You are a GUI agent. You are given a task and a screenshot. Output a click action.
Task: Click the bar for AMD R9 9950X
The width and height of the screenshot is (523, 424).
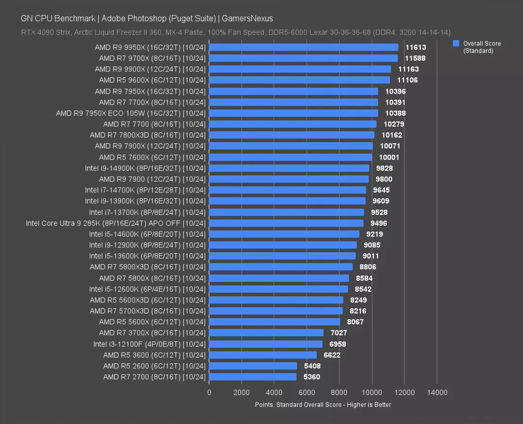303,47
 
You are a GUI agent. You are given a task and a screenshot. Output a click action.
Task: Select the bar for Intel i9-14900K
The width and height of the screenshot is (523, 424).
289,168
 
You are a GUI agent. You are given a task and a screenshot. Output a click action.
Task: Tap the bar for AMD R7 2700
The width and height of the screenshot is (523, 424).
252,377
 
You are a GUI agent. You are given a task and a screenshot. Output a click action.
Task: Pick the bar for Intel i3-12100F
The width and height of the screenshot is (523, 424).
266,344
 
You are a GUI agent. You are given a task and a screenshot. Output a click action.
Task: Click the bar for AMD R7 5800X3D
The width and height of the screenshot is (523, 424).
281,267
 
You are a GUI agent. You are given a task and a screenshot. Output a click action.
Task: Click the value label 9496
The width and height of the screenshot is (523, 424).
379,223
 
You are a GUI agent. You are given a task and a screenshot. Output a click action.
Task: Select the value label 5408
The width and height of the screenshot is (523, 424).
312,366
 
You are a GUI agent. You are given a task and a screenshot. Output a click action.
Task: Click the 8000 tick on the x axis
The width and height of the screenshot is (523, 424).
339,392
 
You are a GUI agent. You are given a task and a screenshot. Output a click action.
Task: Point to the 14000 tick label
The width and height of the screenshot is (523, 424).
437,392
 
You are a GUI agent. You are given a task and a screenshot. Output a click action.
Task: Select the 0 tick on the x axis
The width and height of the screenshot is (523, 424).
209,392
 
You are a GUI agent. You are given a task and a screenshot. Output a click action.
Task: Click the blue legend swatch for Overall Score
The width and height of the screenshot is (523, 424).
456,43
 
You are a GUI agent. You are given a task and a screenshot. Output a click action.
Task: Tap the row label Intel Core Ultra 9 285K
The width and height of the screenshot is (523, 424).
116,223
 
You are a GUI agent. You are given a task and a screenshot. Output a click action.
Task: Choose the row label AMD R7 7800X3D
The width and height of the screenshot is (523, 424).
148,135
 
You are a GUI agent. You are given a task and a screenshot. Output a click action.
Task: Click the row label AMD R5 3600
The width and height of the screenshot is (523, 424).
154,355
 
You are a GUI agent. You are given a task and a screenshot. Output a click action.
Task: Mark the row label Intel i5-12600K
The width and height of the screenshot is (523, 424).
148,289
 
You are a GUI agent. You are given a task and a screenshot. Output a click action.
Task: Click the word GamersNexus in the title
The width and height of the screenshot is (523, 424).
247,18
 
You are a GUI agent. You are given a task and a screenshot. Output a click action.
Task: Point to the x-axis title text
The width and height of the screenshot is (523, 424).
323,405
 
